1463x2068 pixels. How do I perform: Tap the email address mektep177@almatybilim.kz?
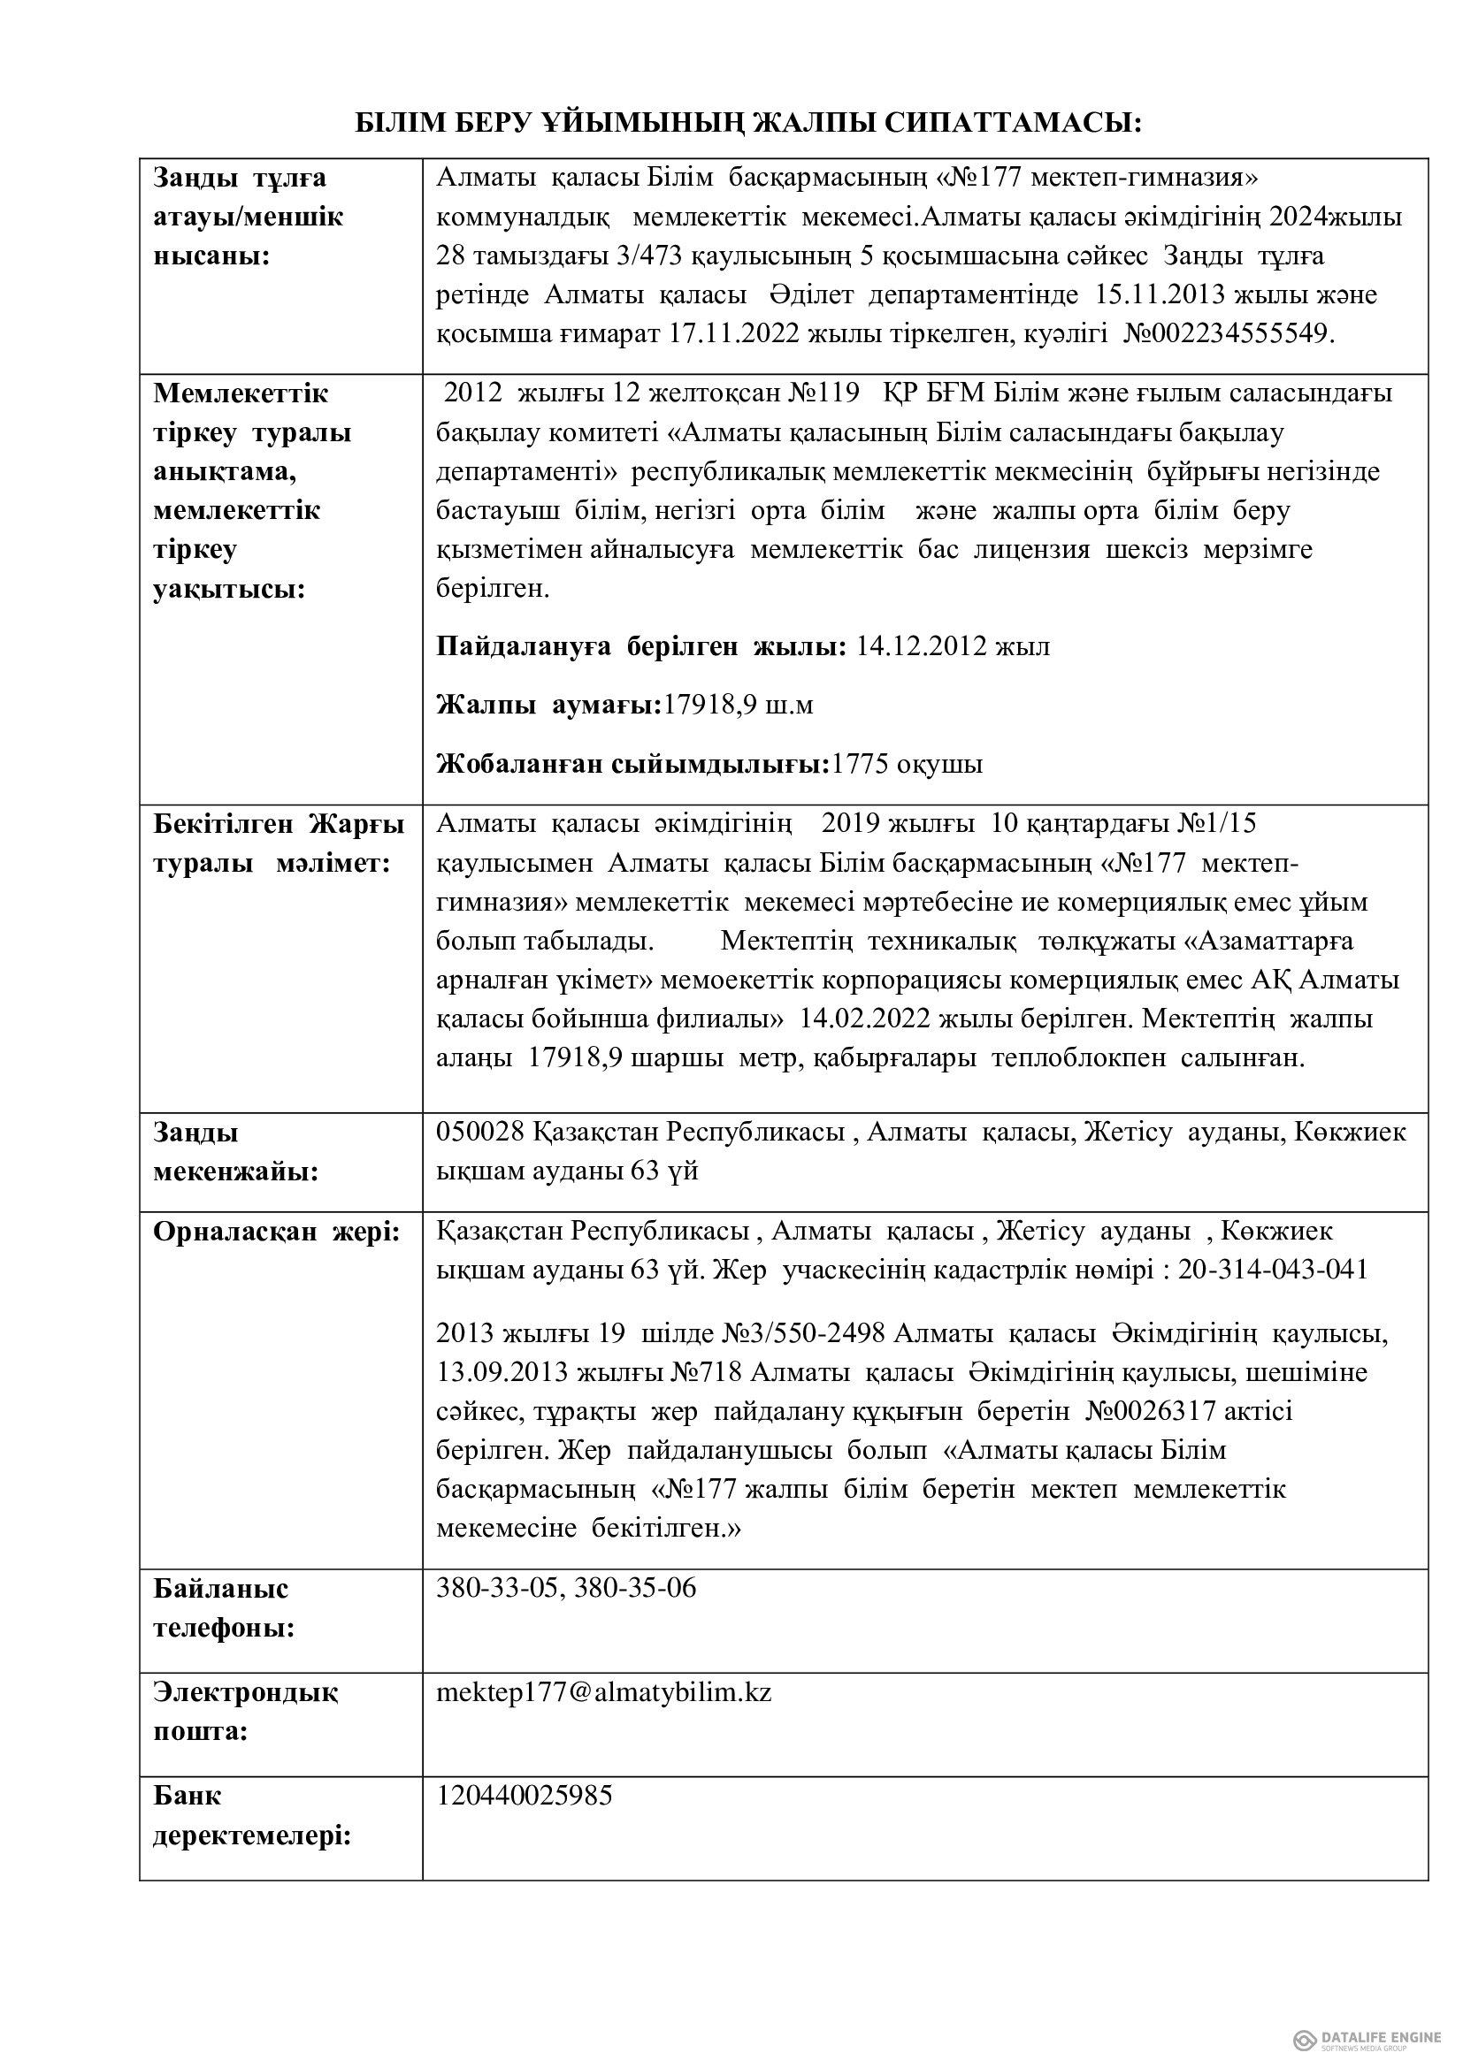coord(603,1692)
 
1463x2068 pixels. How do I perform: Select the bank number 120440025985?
coord(525,1795)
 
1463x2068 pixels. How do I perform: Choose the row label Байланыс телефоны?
coord(224,1607)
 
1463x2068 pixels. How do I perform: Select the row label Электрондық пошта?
coord(245,1713)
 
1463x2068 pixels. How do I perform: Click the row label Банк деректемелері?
coord(251,1815)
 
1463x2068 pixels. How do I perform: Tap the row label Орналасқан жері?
coord(276,1232)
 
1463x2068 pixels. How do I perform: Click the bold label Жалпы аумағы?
coord(548,706)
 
